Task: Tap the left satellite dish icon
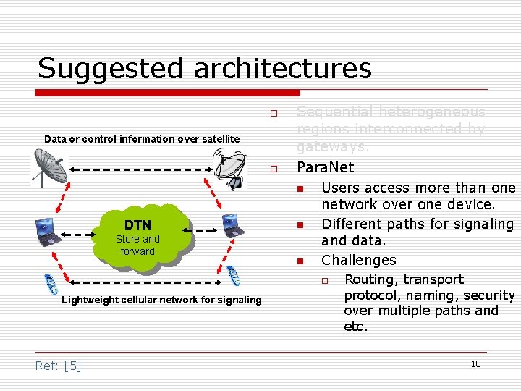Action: (49, 167)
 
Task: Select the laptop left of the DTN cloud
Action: (49, 231)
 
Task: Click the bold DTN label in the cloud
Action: (137, 225)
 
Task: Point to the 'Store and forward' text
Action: (137, 245)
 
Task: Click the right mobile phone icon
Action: (234, 277)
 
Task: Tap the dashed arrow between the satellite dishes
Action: (141, 171)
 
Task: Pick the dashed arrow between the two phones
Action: (141, 284)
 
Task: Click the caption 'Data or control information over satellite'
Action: (142, 138)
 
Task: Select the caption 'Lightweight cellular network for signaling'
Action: (162, 300)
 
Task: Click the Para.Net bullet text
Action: (326, 167)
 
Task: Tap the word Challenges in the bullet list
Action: (359, 260)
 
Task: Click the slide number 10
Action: (475, 363)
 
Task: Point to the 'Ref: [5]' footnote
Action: (58, 366)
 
